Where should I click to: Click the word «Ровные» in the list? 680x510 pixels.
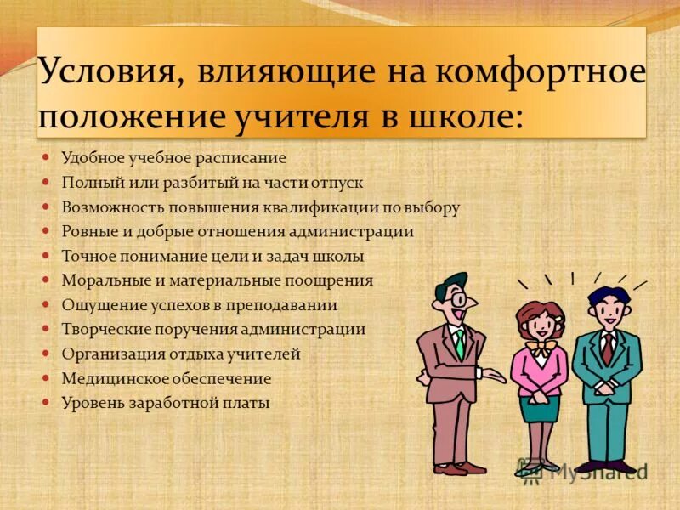(x=85, y=231)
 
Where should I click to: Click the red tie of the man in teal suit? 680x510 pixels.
(x=607, y=344)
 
